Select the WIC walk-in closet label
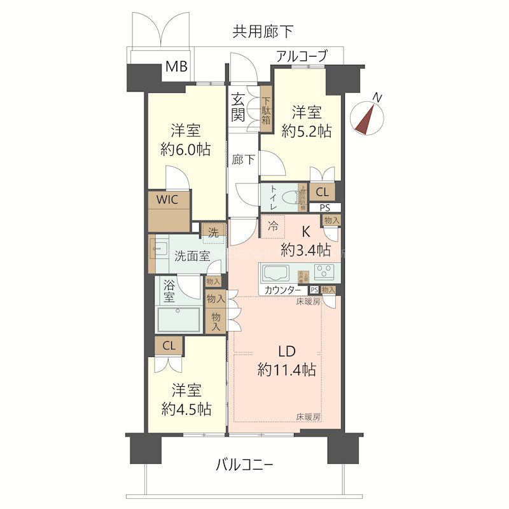point(169,199)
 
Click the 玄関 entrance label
point(239,108)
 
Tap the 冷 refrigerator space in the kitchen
point(273,225)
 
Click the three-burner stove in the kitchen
point(324,272)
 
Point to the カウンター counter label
point(283,290)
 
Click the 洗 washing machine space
point(213,232)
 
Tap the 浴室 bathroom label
point(169,291)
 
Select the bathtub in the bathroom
point(180,319)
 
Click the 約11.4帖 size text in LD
point(287,369)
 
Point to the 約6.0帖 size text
point(186,150)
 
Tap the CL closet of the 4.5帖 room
point(169,346)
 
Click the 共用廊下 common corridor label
point(254,31)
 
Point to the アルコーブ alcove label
point(301,57)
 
